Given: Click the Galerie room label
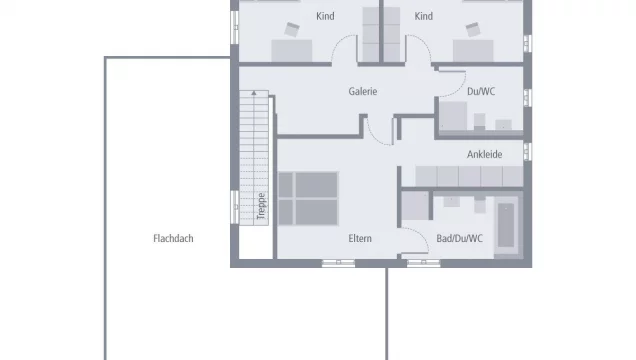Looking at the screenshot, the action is pos(363,91).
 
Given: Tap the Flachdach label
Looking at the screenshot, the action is pos(173,238).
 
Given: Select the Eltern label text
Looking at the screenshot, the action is pos(360,238).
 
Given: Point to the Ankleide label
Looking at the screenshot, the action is pos(484,154).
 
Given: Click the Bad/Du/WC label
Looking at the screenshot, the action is pos(460,238).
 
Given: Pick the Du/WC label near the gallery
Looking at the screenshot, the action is pos(481,91).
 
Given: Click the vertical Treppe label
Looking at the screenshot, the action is pos(262,206).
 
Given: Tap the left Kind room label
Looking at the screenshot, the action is pos(325,16).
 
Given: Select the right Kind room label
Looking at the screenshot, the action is pos(423,16).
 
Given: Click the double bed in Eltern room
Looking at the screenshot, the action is pos(308,199).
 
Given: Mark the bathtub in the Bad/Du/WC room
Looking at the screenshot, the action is pos(506,225).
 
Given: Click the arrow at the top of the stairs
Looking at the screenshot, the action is pos(254,93).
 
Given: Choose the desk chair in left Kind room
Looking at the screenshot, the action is pos(292,30).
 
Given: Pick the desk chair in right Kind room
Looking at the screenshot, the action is pos(473,30).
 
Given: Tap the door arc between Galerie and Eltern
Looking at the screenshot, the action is pos(374,136).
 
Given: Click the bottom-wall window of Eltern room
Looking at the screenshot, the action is pos(338,264).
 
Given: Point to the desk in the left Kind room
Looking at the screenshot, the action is pos(292,51).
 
